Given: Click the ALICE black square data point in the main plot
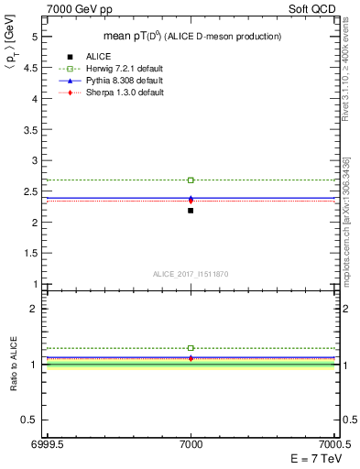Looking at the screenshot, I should tap(191, 211).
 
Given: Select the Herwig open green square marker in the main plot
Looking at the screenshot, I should tap(191, 180).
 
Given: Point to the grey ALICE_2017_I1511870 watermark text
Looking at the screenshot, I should tap(191, 274).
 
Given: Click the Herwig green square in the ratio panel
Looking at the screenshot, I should tap(191, 348).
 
